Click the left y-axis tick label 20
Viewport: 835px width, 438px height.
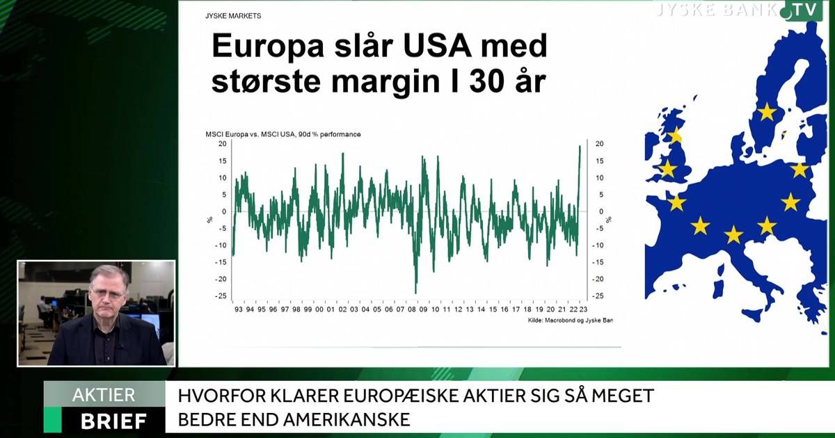tap(222, 144)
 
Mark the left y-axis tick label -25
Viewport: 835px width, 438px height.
tap(221, 296)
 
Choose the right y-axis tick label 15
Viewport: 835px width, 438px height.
tap(599, 161)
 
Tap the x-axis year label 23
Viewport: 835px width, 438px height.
tap(583, 309)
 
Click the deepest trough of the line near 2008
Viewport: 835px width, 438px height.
tap(415, 292)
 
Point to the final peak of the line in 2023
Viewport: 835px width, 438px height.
tap(580, 146)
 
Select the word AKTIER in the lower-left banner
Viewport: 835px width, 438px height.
tap(104, 395)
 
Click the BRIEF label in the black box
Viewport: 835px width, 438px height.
tap(113, 421)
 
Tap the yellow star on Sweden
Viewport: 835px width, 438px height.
tap(766, 111)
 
